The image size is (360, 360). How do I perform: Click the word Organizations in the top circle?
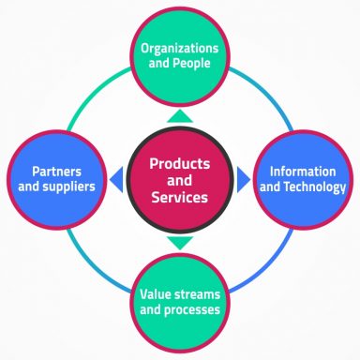coord(180,49)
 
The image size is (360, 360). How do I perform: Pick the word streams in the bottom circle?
coord(201,292)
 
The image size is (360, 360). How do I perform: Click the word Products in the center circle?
coord(180,162)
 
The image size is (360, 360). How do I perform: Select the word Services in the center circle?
coord(180,198)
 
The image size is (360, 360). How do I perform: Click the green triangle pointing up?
coord(180,116)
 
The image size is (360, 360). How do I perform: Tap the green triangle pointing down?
coord(180,243)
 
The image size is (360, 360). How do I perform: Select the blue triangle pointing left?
coord(116,179)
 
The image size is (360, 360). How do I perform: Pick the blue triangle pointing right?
coord(244,179)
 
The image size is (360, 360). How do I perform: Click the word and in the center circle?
coord(180,180)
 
